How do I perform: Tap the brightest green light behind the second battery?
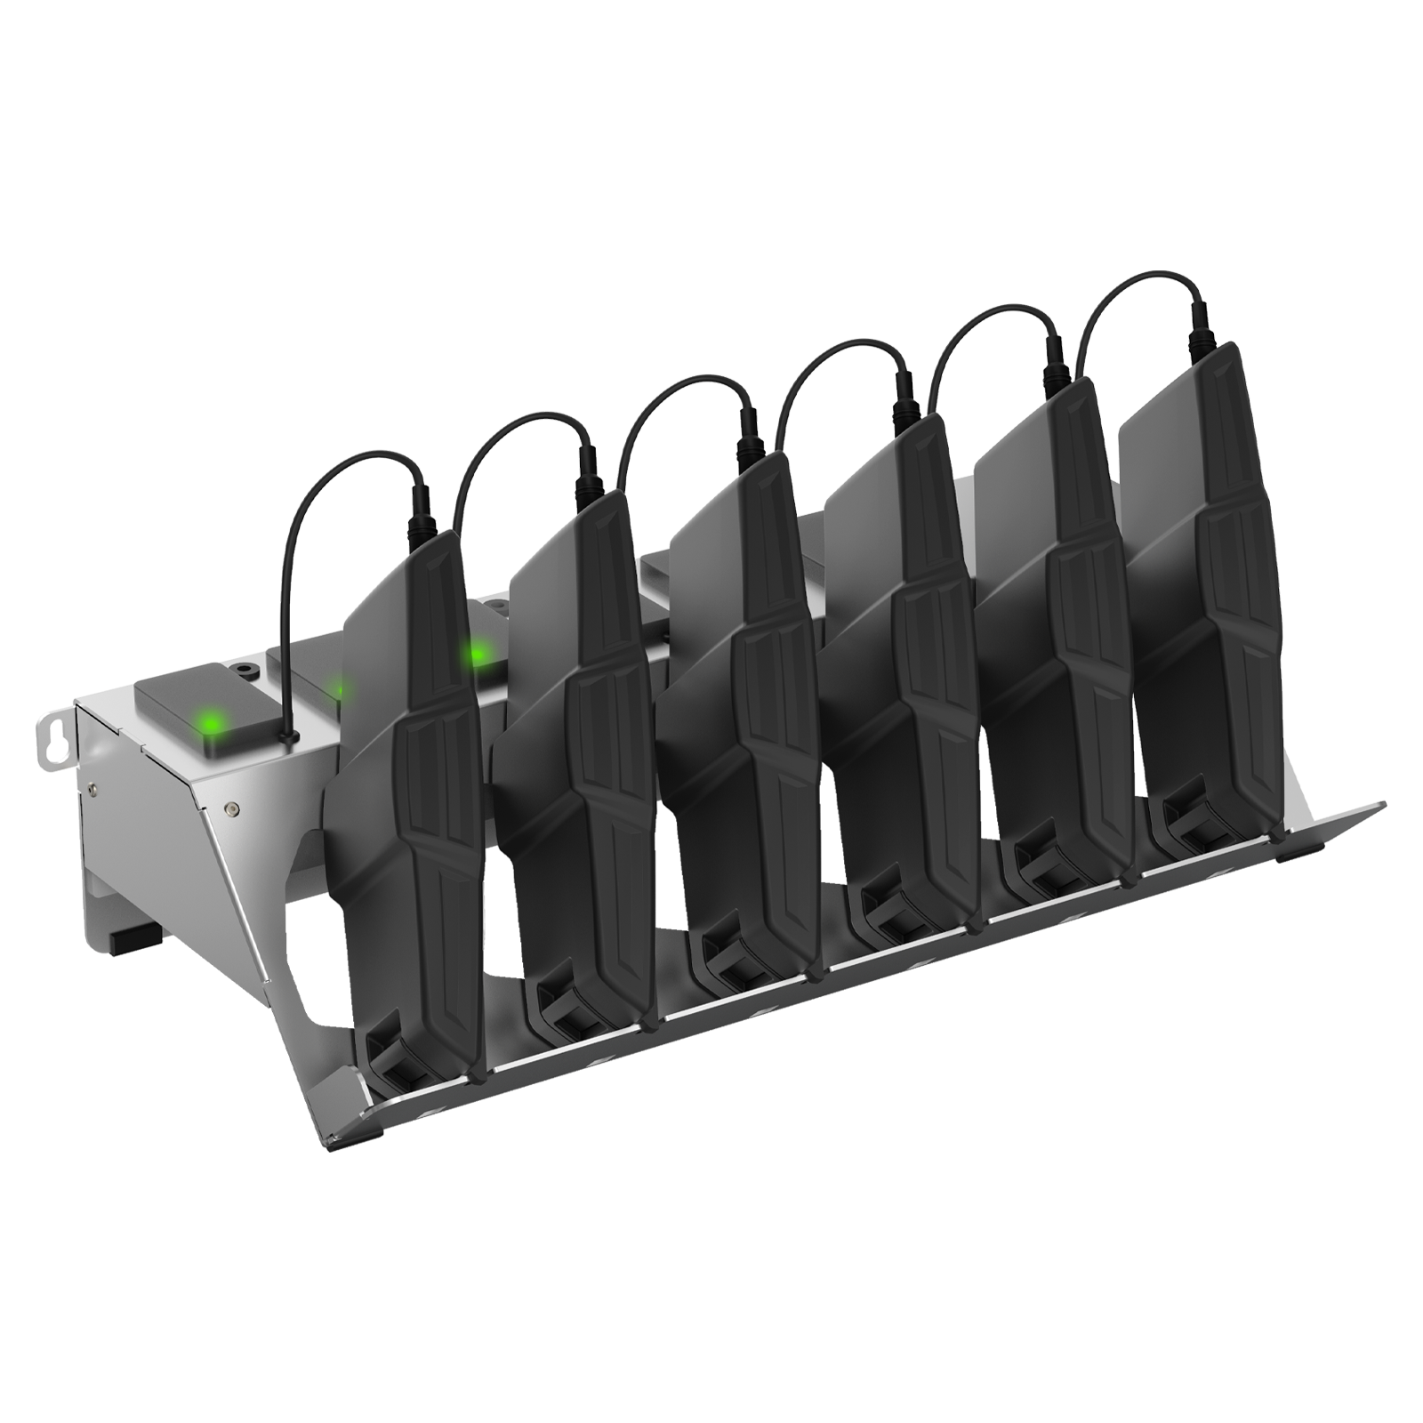point(477,655)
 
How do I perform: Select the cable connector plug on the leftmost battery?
point(419,513)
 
